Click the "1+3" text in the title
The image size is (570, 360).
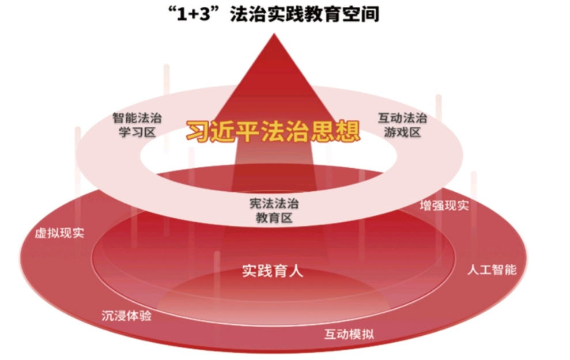[x=194, y=14]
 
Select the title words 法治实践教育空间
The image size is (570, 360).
[x=305, y=14]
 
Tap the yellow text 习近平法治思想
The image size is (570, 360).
[x=273, y=131]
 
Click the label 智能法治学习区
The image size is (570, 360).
[x=137, y=124]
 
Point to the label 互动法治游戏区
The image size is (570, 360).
[x=402, y=124]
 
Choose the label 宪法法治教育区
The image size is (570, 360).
[x=274, y=210]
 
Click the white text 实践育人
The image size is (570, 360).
[x=273, y=271]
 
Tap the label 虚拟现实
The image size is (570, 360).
[x=59, y=233]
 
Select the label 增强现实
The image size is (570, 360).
[x=444, y=206]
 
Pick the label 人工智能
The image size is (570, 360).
[x=492, y=270]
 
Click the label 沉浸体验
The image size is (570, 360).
[x=126, y=315]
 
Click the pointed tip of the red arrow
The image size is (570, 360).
[x=274, y=34]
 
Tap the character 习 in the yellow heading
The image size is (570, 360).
[x=198, y=131]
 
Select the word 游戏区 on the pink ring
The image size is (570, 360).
[x=402, y=132]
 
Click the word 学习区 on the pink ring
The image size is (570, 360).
[x=137, y=132]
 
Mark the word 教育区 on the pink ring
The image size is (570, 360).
[x=274, y=218]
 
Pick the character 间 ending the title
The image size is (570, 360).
[x=370, y=14]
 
